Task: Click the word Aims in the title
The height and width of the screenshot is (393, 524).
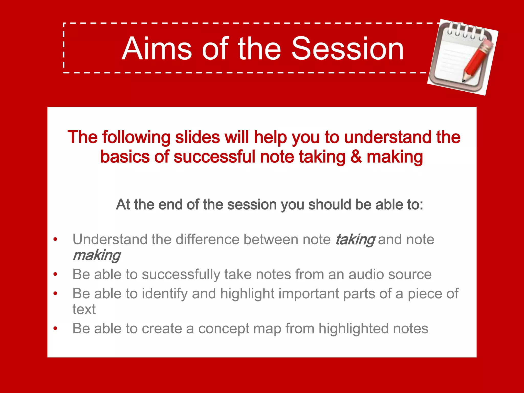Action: pyautogui.click(x=157, y=49)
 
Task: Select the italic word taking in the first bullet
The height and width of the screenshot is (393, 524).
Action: pyautogui.click(x=355, y=239)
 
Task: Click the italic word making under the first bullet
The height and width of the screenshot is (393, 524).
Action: pyautogui.click(x=96, y=255)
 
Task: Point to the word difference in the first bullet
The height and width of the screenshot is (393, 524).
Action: pyautogui.click(x=208, y=239)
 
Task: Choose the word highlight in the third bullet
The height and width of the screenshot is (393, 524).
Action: pyautogui.click(x=247, y=293)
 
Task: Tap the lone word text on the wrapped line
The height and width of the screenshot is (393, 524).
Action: pyautogui.click(x=84, y=309)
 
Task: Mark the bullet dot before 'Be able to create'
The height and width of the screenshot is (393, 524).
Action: pyautogui.click(x=55, y=328)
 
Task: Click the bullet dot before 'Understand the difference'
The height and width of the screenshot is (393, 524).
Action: pyautogui.click(x=55, y=239)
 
